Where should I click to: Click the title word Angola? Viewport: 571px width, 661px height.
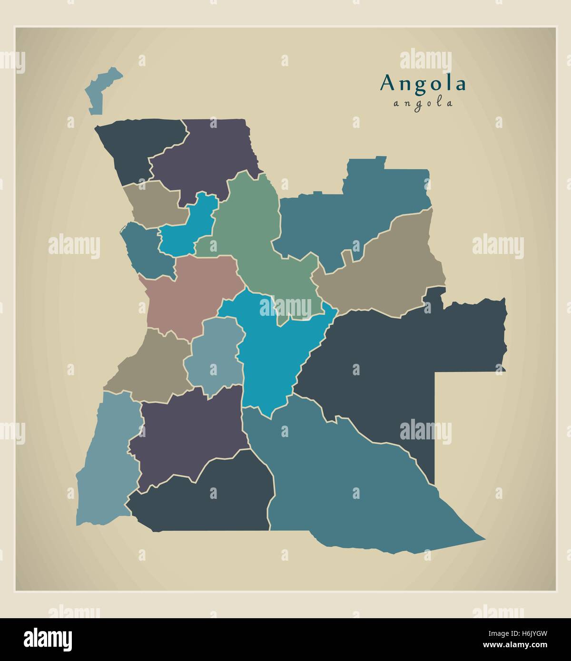point(423,84)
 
